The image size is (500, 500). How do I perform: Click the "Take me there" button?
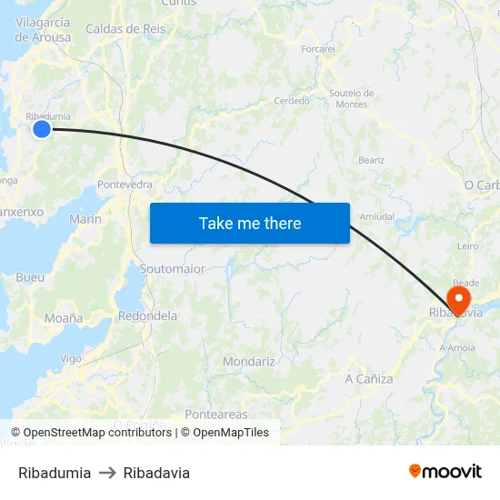tap(250, 223)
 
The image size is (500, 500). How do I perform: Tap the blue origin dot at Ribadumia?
tap(42, 130)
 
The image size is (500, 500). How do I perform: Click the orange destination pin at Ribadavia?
tap(458, 299)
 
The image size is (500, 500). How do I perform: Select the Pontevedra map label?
tap(125, 184)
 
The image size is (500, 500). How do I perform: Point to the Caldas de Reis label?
tap(125, 29)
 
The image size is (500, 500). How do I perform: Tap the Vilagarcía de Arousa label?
tap(42, 30)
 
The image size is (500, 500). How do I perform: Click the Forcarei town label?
tap(318, 48)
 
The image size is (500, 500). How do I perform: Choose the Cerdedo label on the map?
tap(292, 101)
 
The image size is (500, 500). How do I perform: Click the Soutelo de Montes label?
tap(352, 98)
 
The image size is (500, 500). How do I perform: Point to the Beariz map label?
tap(371, 160)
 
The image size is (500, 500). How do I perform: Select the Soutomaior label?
tap(172, 269)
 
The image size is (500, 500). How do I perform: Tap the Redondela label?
tap(147, 315)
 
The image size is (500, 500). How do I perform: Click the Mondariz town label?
tap(248, 361)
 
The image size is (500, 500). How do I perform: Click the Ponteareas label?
tap(215, 414)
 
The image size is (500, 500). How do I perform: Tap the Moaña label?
tap(64, 318)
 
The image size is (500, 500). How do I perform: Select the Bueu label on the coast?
tap(30, 276)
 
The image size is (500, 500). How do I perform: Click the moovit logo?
tap(445, 472)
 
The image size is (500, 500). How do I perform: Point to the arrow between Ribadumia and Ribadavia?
tap(107, 473)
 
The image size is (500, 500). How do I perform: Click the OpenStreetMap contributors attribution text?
tap(91, 433)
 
